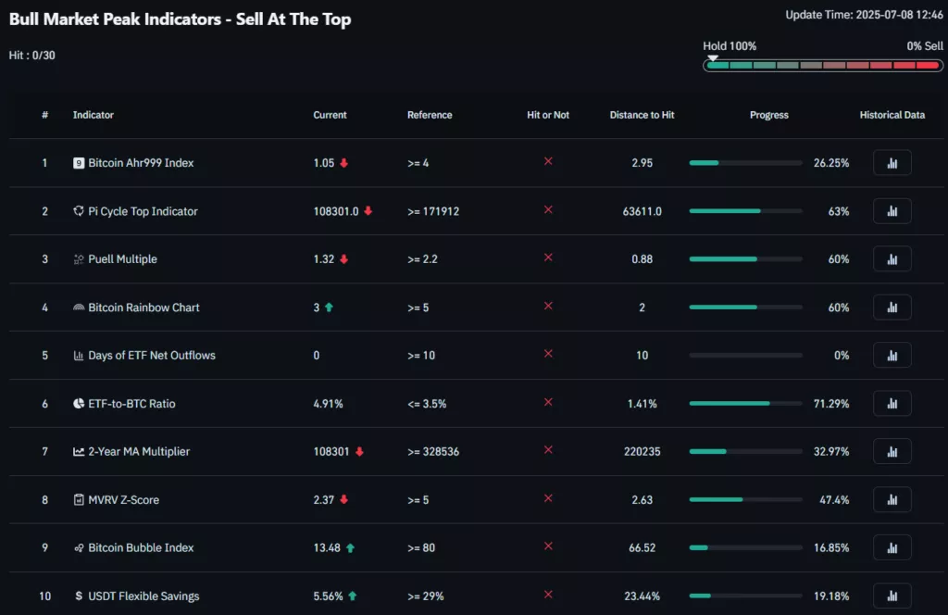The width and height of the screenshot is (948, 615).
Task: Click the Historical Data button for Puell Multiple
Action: (892, 259)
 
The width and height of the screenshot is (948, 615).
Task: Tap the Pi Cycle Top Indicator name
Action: (143, 211)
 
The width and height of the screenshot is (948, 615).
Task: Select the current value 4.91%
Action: (328, 404)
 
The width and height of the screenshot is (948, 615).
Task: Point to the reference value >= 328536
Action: (433, 452)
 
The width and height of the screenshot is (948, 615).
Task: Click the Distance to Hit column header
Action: (642, 115)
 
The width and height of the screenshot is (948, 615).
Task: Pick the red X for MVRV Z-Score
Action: (548, 498)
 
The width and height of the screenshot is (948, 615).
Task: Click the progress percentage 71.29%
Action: (830, 404)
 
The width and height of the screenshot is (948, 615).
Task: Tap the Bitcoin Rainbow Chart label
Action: (143, 307)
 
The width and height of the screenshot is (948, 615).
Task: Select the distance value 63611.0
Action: (642, 211)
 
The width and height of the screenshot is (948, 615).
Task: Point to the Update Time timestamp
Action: (864, 15)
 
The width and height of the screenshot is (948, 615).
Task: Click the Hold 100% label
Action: (730, 45)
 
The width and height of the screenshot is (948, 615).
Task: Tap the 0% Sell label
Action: (925, 45)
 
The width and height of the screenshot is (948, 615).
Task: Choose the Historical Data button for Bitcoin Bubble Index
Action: (892, 548)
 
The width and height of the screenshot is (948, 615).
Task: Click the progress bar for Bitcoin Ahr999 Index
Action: (745, 163)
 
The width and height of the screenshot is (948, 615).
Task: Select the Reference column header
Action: (430, 115)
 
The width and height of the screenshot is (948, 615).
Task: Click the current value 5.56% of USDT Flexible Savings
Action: (329, 596)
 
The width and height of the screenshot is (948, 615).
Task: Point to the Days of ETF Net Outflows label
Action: (152, 356)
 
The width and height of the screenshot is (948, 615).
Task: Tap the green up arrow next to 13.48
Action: (350, 548)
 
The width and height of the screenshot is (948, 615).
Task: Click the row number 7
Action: (44, 452)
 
